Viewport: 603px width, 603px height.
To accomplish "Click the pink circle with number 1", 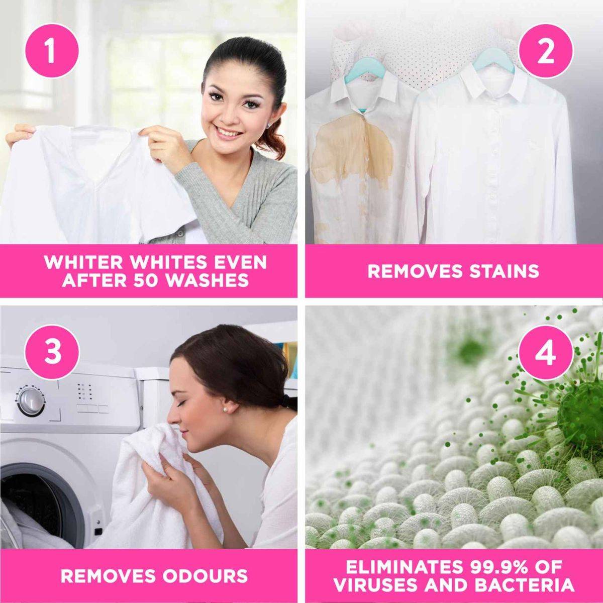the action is [x=51, y=51].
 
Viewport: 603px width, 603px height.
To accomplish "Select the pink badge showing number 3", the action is [x=52, y=352].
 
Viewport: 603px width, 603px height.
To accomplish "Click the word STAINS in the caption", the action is [x=504, y=271].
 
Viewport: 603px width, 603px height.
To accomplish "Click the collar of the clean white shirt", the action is [x=483, y=84].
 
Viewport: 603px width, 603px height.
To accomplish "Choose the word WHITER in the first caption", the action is [x=83, y=262].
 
